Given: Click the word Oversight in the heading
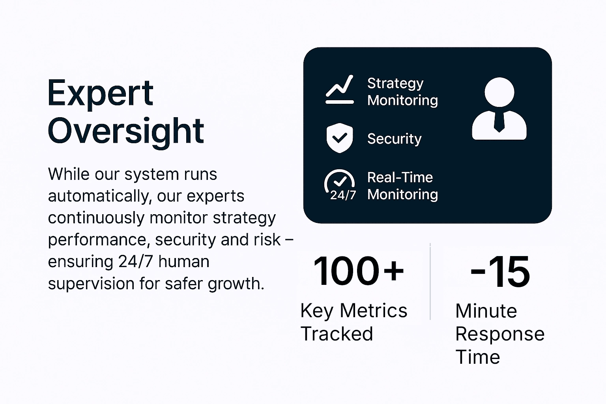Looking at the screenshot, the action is click(x=126, y=132).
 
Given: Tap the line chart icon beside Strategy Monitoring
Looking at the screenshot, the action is click(x=340, y=90).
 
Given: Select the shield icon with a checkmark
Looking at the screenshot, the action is click(x=340, y=138).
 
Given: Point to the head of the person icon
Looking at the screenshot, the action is click(x=499, y=92).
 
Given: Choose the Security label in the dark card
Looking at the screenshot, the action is click(x=394, y=139).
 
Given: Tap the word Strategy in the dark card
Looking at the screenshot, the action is click(x=395, y=84).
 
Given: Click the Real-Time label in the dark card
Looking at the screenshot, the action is click(x=400, y=178).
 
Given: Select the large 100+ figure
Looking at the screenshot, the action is click(x=359, y=271).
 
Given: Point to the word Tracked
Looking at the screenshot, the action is click(x=337, y=334).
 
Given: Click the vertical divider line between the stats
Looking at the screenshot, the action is click(x=430, y=281).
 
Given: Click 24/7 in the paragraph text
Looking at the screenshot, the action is click(x=136, y=262).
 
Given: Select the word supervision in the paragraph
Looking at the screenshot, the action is click(x=91, y=284).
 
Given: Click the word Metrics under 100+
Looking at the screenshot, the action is click(x=373, y=310).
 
